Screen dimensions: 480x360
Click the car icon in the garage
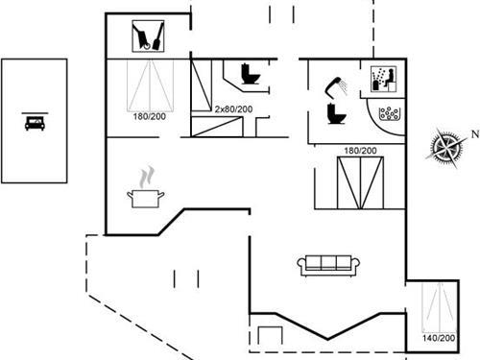coord(35,122)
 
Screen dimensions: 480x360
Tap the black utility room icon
coord(148,37)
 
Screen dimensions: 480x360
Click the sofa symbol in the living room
coord(327,265)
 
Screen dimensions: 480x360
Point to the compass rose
coord(444,147)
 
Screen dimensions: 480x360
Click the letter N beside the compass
coord(472,135)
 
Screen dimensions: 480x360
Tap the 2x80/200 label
coord(235,108)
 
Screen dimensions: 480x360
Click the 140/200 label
coord(440,338)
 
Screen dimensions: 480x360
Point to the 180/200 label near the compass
coord(359,151)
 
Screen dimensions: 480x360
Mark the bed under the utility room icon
coord(150,86)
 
